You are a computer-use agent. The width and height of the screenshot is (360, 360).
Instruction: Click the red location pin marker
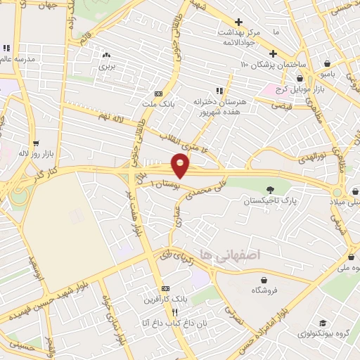click(181, 166)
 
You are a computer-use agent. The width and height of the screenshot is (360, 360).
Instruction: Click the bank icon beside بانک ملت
click(158, 94)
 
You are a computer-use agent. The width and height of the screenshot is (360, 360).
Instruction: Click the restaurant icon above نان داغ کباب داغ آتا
click(164, 311)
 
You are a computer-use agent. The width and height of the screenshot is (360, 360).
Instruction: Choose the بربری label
click(105, 66)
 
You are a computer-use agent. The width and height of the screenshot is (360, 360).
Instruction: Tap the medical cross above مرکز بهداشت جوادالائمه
click(239, 22)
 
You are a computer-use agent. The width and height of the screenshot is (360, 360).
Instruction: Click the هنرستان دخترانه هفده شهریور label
click(218, 107)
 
